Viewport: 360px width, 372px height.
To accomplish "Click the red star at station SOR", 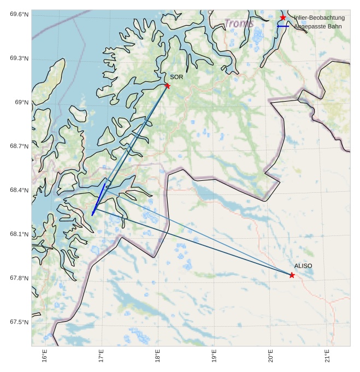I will click(x=167, y=86).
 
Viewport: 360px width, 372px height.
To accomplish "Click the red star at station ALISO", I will click(x=292, y=275).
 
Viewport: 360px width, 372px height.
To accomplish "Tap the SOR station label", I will click(x=176, y=77).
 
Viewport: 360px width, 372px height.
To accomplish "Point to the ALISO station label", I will click(x=303, y=266).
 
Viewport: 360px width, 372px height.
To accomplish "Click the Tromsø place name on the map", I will click(x=239, y=23).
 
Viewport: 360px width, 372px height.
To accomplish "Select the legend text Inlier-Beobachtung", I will click(x=319, y=18).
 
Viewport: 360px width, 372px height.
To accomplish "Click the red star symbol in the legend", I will click(x=283, y=18).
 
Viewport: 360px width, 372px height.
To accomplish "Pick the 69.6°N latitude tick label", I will click(x=19, y=14).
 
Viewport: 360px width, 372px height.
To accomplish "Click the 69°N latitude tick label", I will click(x=21, y=102).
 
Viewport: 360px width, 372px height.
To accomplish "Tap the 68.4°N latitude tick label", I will click(x=19, y=190).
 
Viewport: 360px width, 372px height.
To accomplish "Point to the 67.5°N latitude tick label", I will click(x=19, y=322).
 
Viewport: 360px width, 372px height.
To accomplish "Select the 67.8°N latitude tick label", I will click(x=19, y=278).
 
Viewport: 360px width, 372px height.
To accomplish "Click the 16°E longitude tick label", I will click(x=45, y=356).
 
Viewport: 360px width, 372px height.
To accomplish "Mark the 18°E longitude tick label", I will click(x=157, y=356).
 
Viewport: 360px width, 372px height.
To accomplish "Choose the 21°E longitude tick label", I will click(x=327, y=356).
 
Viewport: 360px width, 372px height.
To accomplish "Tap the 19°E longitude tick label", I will click(x=214, y=356).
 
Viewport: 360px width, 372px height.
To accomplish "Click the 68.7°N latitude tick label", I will click(x=19, y=146).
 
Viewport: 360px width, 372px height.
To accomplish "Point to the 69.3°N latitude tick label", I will click(x=19, y=58).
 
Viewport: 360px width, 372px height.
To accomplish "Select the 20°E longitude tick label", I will click(x=270, y=356).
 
